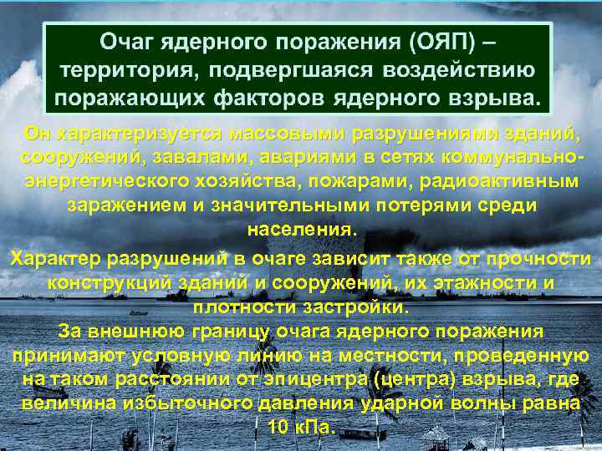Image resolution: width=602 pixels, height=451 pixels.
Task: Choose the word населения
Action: pyautogui.click(x=301, y=228)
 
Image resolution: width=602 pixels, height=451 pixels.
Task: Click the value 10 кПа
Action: pyautogui.click(x=301, y=427)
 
